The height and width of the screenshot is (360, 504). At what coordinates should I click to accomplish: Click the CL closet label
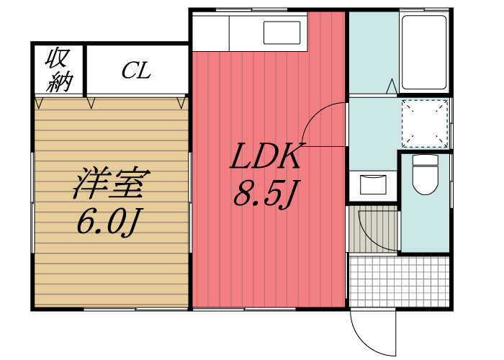tap(136, 71)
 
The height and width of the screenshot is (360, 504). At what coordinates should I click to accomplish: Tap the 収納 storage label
tap(59, 69)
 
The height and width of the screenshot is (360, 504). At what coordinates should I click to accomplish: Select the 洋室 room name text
tap(112, 183)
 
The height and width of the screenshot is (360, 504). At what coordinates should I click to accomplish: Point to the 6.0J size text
tap(109, 222)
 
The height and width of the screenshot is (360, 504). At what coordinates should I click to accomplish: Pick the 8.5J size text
tap(266, 192)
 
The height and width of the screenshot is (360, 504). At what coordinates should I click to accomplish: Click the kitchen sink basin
tap(282, 32)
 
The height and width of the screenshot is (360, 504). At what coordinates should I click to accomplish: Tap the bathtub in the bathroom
tap(424, 53)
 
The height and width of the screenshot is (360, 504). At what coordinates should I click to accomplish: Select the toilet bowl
tap(426, 180)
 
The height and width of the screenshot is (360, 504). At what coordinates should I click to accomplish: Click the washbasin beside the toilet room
tap(373, 184)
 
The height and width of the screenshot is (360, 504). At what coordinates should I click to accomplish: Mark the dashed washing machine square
tap(425, 123)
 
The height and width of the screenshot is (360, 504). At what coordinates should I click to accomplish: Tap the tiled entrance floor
tap(399, 282)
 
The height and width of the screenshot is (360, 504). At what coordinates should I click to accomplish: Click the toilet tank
tap(426, 160)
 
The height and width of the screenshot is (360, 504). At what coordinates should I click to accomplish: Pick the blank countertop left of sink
tap(210, 32)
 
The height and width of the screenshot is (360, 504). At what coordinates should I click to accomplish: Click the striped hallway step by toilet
tap(374, 229)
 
